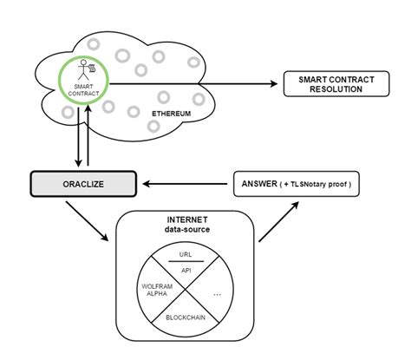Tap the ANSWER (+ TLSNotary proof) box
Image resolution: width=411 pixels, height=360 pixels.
(295, 184)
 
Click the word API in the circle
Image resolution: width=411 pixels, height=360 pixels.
(185, 270)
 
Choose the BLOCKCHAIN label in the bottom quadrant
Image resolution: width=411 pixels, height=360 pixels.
(185, 317)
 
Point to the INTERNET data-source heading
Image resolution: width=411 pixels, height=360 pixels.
(185, 225)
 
